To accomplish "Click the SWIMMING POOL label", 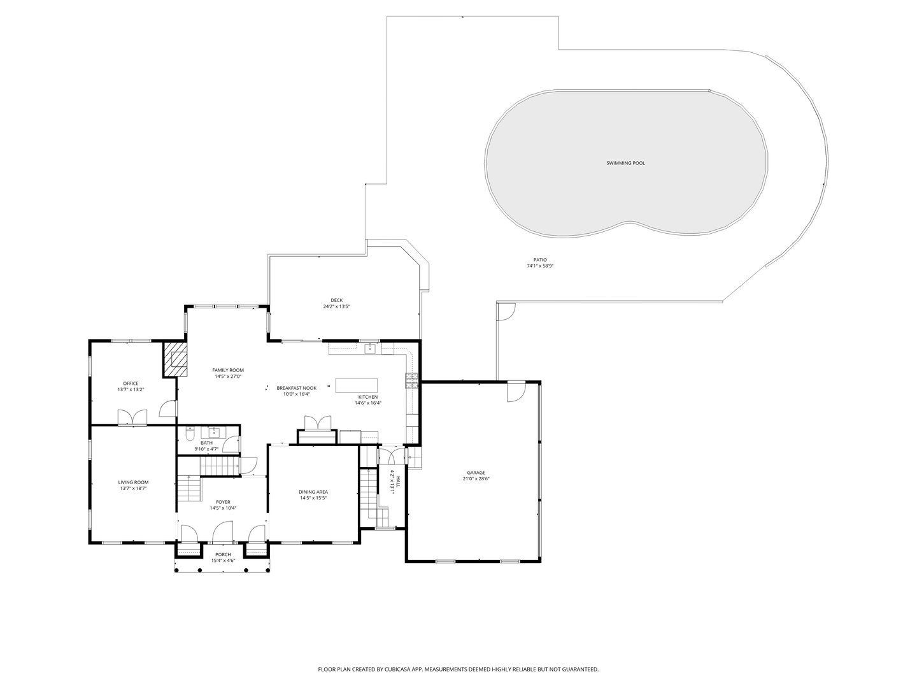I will [625, 163].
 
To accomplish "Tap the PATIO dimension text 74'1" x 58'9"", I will [540, 266].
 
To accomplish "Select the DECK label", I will [336, 300].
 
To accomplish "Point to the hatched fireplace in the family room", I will [176, 360].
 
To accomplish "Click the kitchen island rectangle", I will [356, 386].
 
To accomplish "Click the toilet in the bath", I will [190, 434].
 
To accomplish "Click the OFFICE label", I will [131, 383].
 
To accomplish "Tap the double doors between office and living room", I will [132, 417].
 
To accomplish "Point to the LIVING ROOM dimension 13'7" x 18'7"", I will [133, 489].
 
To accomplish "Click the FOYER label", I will [223, 502].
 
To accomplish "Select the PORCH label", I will [223, 555].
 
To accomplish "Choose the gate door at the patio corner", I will [506, 312].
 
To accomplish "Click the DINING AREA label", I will [313, 492].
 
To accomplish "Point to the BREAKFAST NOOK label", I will [296, 388].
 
